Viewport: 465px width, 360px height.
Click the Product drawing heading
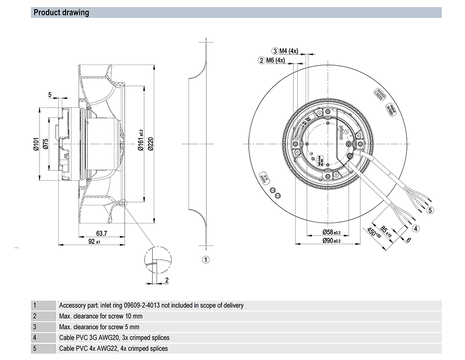[61, 13]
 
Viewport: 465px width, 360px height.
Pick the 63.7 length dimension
[102, 233]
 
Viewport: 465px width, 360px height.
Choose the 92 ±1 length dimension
[94, 242]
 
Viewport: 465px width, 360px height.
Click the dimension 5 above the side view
[50, 95]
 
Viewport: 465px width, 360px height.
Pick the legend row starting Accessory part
[151, 306]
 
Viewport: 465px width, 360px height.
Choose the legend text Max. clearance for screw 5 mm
[100, 327]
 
